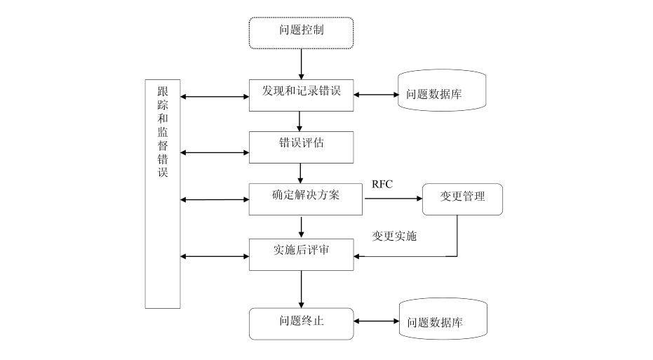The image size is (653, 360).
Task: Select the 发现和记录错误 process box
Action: point(302,94)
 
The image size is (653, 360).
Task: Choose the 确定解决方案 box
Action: point(306,199)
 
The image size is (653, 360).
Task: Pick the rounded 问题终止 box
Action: point(302,323)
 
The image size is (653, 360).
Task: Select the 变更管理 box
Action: point(462,199)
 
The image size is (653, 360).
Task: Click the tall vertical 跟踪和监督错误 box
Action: point(163,194)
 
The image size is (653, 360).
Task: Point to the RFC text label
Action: point(382,184)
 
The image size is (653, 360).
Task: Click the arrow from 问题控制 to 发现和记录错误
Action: point(302,64)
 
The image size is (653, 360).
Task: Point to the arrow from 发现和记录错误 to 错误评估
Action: point(300,121)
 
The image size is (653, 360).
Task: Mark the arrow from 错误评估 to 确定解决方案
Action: point(300,173)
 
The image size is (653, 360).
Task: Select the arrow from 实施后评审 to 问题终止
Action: point(302,288)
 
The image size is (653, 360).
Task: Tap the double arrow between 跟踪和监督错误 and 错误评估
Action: point(215,152)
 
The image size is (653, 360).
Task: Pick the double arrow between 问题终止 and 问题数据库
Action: point(375,322)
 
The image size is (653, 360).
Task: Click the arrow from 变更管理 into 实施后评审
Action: point(421,256)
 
